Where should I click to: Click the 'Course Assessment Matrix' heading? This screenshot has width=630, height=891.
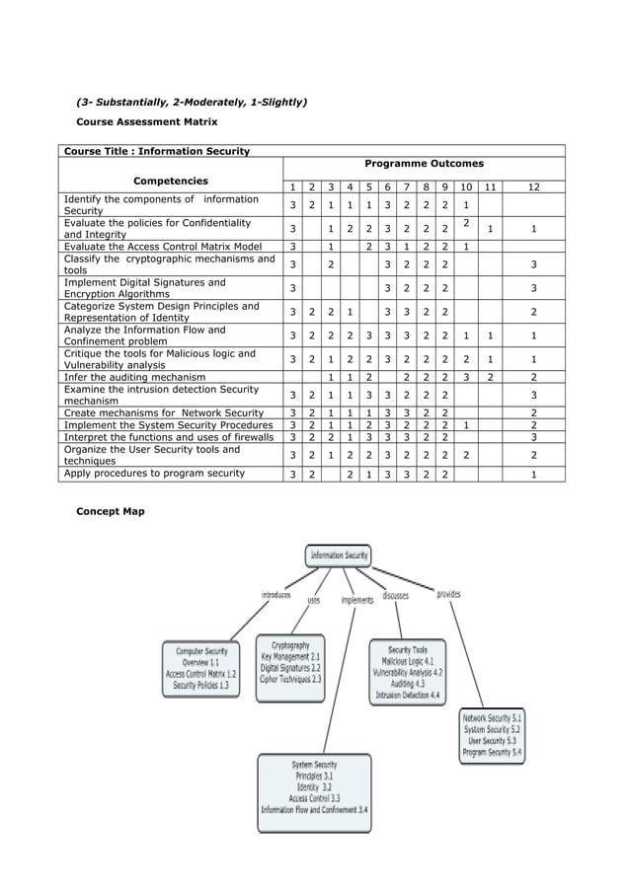[147, 121]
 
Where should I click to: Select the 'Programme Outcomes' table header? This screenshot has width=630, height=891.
[424, 164]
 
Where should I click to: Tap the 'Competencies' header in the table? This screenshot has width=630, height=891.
[171, 181]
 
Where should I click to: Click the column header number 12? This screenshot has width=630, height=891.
[533, 186]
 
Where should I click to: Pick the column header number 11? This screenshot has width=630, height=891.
[490, 186]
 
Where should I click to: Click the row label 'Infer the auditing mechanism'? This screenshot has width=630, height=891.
[135, 377]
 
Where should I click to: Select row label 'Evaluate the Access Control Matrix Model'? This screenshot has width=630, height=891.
[163, 247]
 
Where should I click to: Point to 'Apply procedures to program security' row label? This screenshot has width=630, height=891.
[153, 474]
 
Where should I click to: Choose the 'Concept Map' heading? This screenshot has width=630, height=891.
[111, 511]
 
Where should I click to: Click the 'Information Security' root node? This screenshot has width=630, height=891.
[339, 556]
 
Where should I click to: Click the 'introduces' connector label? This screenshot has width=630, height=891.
[276, 595]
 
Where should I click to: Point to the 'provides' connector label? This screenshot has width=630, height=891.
[448, 594]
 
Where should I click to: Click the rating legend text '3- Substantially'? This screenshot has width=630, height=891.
[127, 102]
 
